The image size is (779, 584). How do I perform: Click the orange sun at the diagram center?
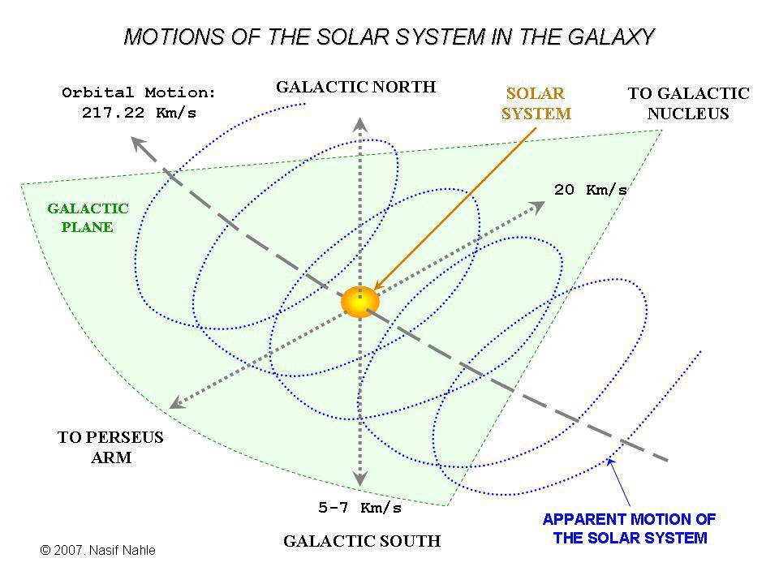pos(360,302)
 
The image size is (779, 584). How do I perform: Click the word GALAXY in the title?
pos(611,37)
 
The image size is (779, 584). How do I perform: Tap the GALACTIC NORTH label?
pos(355,87)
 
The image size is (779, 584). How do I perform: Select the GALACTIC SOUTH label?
pos(362,541)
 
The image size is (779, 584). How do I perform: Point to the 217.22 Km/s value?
pos(139,113)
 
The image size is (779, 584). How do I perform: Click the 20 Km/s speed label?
pos(591,190)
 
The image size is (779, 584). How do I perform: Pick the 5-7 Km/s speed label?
pos(359,508)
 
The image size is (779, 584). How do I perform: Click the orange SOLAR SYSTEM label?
pos(536,103)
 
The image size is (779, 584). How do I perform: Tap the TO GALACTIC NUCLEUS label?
pos(689,103)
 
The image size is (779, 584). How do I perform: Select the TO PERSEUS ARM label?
pos(111,447)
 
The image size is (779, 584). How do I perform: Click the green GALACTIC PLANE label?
pos(88,217)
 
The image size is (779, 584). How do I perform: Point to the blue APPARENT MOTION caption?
pos(630,528)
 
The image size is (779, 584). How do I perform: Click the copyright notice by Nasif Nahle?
pos(98,550)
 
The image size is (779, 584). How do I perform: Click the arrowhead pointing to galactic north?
pos(360,124)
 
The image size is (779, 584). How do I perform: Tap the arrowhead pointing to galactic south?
pos(360,479)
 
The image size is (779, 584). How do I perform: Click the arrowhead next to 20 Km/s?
pos(536,207)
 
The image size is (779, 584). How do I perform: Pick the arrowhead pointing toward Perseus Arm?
pos(178,403)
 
